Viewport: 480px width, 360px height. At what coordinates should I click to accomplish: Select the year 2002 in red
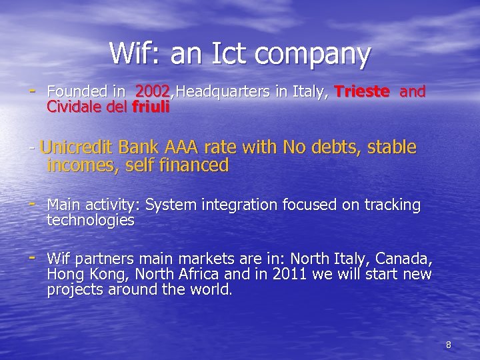click(153, 91)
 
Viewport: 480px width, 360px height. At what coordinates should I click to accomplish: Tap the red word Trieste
click(362, 91)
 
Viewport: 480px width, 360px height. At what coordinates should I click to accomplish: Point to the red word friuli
click(151, 106)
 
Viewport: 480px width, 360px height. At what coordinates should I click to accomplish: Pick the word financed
click(195, 165)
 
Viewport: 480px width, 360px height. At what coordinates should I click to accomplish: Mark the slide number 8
click(448, 345)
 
